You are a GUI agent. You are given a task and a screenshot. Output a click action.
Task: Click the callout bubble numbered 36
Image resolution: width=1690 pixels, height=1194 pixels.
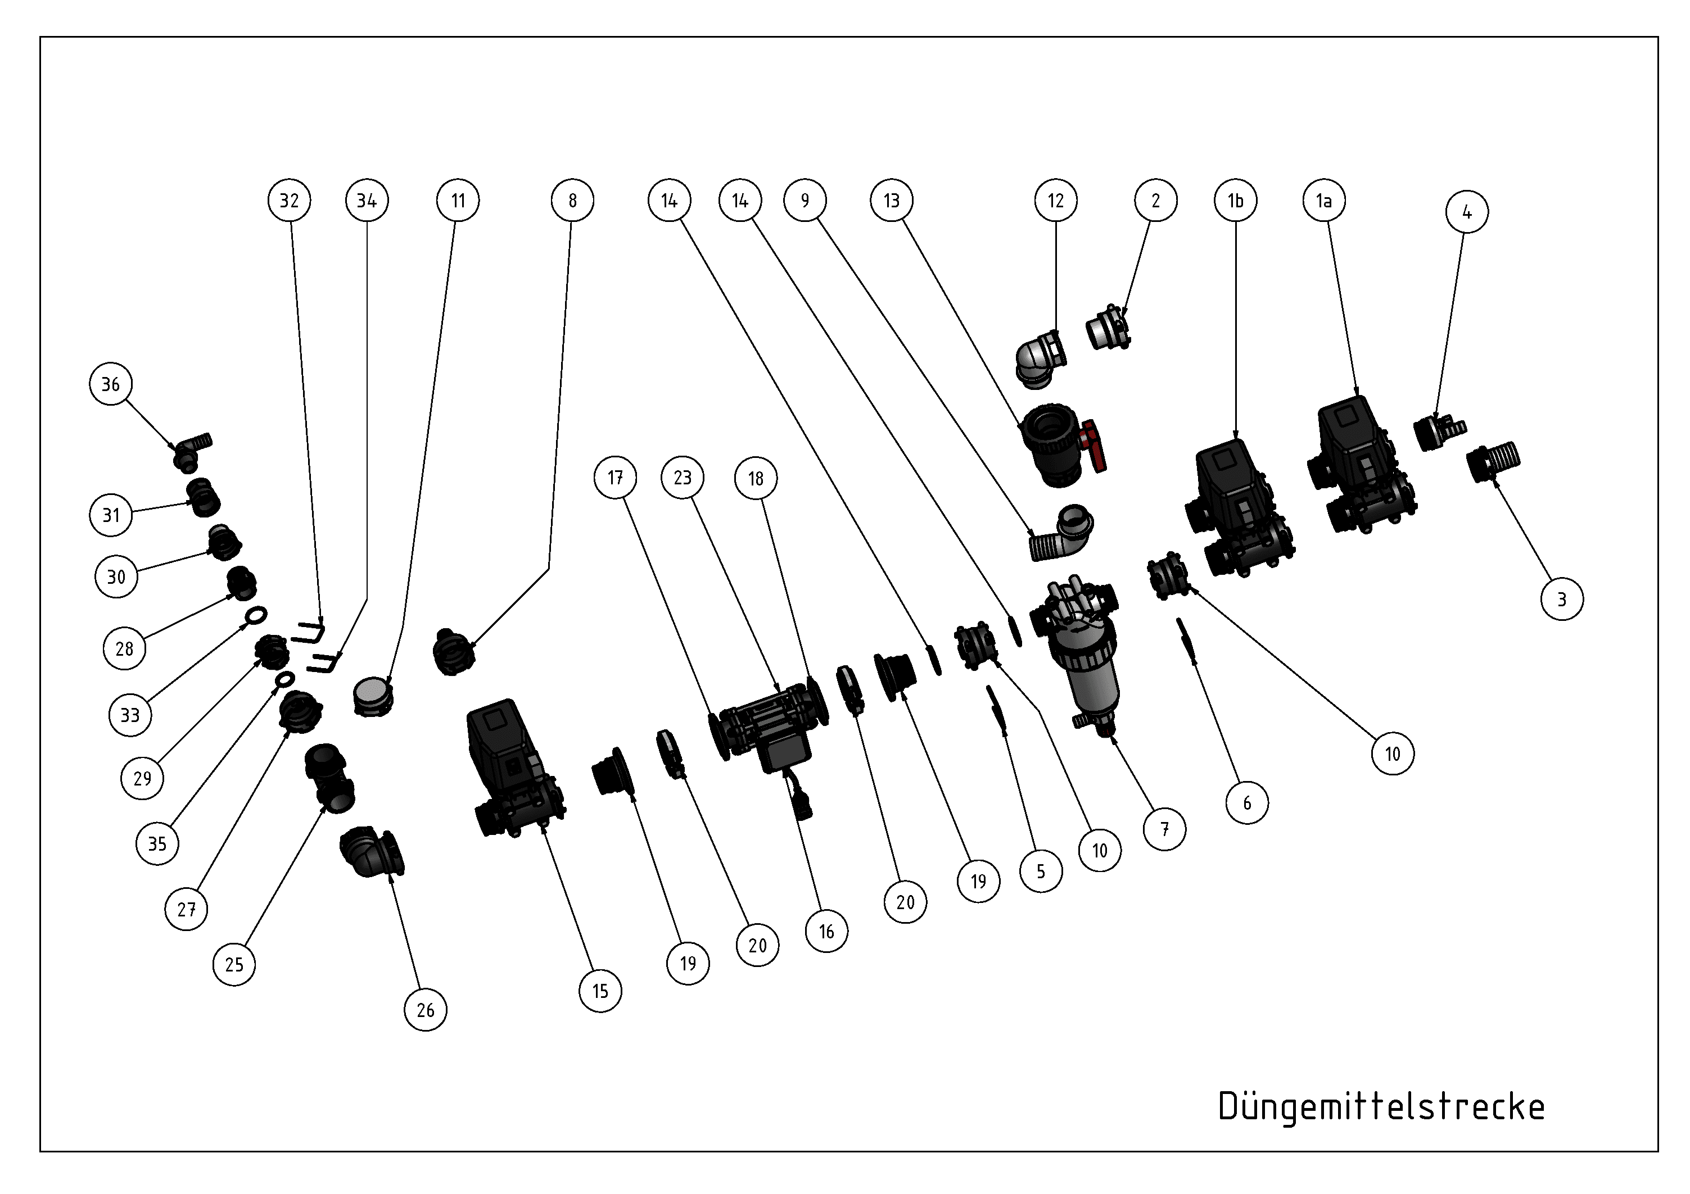pos(110,384)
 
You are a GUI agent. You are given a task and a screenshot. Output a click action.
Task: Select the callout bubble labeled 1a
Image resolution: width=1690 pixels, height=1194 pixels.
pos(1324,200)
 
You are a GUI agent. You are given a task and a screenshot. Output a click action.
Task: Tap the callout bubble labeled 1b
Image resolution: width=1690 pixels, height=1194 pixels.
pos(1236,200)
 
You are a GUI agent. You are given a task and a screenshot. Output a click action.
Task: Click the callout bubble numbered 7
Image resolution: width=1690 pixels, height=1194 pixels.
pos(1164,829)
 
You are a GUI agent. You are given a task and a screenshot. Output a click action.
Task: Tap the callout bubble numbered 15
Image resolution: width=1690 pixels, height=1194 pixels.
pos(600,991)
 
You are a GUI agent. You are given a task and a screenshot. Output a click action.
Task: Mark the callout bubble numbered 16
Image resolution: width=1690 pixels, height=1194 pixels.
pos(826,932)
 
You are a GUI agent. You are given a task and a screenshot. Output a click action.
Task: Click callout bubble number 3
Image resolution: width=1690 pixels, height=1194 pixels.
pos(1562,599)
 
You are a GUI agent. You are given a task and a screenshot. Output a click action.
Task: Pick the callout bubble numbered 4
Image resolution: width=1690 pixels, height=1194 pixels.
pos(1467,212)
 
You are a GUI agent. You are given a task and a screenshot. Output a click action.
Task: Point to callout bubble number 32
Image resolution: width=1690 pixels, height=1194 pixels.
pos(290,200)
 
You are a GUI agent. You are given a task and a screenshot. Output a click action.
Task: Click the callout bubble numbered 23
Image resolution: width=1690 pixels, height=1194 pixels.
pos(683,478)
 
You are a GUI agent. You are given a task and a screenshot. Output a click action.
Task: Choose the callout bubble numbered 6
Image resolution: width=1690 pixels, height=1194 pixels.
pos(1247,802)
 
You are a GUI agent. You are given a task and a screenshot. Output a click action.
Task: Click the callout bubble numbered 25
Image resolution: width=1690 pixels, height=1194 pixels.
pos(234,964)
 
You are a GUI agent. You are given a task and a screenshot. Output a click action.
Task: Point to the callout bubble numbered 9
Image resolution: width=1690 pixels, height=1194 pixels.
pos(805,200)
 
